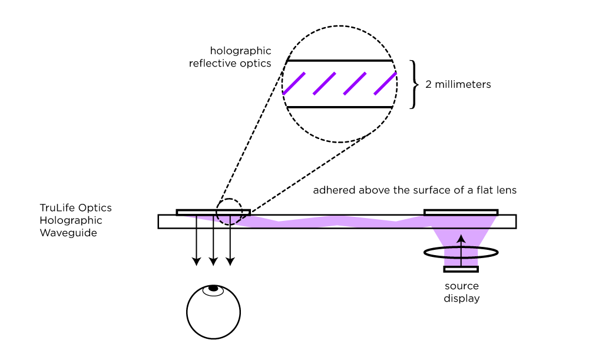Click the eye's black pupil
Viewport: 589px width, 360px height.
click(213, 288)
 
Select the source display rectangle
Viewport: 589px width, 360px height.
click(461, 269)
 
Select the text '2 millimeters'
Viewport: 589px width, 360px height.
click(458, 85)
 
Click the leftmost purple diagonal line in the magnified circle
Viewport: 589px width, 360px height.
click(294, 83)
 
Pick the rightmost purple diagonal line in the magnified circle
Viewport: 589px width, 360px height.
click(385, 83)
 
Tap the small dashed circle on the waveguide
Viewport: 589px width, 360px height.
click(228, 210)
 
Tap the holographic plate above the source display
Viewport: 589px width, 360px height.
click(461, 212)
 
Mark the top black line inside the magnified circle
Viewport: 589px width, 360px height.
click(339, 61)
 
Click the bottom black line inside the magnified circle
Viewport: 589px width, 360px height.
click(339, 107)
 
